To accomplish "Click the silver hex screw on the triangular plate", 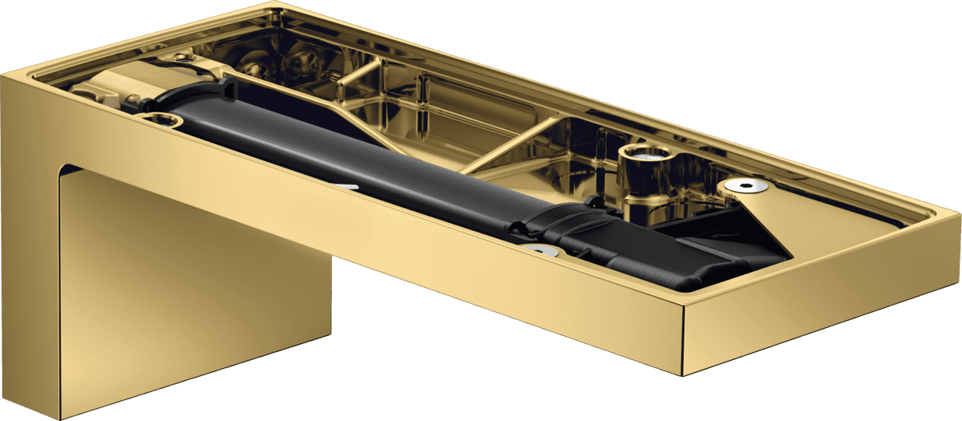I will pos(747,186).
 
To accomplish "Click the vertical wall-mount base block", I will pos(192,289).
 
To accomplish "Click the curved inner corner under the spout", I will pos(68,169).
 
